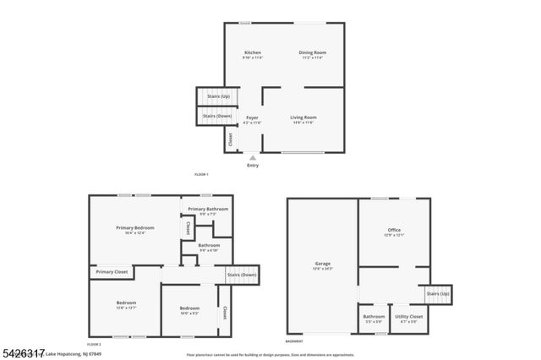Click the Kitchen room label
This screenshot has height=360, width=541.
tap(253, 52)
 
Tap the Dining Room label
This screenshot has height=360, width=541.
tap(312, 52)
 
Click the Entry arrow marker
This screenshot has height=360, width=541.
tap(252, 157)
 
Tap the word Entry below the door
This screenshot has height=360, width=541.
tap(252, 166)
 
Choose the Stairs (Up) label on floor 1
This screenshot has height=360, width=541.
tap(218, 96)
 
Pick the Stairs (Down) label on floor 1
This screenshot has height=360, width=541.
tap(217, 116)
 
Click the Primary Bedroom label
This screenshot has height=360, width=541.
tap(135, 228)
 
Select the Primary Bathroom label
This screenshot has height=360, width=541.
tap(208, 209)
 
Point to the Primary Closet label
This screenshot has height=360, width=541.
tap(112, 271)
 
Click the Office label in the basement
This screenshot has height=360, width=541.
tap(394, 230)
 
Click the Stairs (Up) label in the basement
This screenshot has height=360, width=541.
tap(438, 293)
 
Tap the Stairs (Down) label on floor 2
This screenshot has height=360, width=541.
tap(242, 275)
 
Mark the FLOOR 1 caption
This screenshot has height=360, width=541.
tap(201, 174)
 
